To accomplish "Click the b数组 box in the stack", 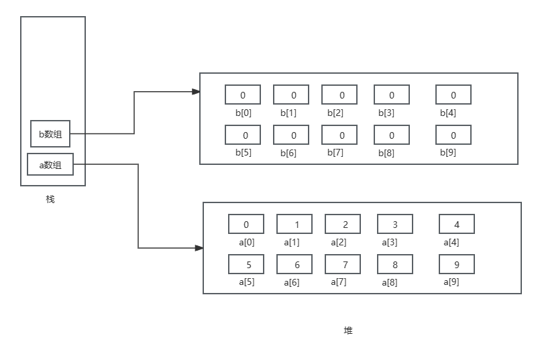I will coord(50,133).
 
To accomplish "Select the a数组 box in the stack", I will coord(50,165).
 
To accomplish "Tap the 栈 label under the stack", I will coord(50,199).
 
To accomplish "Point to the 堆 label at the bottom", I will coord(348,331).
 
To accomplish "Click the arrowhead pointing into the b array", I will coord(196,92).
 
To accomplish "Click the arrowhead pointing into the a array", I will coord(199,248).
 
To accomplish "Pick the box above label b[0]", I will coord(243,95).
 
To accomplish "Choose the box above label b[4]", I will coord(453,95).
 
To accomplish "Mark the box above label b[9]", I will coord(453,135).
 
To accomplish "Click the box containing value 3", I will coord(395,225).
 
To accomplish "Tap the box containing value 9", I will coord(457,264).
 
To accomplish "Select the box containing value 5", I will coord(246,264).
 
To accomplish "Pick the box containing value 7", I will coord(343,264).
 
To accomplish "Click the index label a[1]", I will coord(292,243).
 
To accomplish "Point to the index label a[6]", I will coord(292,283).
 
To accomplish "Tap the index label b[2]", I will coord(335,113).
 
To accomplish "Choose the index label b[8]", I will coord(386,154).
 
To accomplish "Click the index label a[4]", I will coord(451,243).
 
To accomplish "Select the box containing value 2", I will coord(343,225).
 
